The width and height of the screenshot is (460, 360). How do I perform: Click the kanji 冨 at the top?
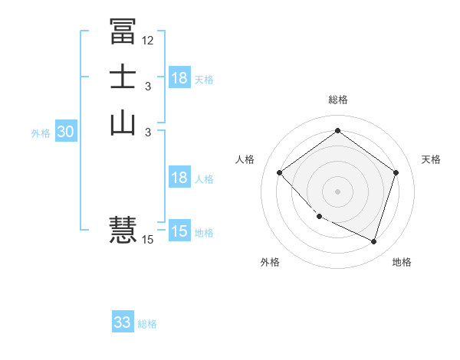123,31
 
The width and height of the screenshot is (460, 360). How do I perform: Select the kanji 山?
123,123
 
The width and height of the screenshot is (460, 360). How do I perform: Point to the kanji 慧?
123,229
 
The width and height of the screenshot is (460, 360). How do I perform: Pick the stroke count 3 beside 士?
148,87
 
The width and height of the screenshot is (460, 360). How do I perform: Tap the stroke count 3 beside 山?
148,133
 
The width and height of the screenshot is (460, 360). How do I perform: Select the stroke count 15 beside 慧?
148,240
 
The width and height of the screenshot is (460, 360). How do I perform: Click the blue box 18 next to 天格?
179,78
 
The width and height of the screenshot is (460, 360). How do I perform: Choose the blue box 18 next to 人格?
179,178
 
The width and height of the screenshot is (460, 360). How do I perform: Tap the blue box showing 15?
179,231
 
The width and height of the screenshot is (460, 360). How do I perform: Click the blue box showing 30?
66,132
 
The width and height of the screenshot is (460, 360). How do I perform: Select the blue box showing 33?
123,322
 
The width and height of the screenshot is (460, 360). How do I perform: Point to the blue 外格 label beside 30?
41,133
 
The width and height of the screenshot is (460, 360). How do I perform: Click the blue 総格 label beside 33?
147,324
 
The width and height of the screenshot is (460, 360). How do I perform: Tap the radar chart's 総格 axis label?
337,100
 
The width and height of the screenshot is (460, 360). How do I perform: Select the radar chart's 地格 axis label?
402,262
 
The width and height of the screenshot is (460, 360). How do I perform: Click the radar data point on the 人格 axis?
280,172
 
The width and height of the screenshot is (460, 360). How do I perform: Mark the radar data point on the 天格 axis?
396,172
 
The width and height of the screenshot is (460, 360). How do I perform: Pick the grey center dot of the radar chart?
337,191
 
